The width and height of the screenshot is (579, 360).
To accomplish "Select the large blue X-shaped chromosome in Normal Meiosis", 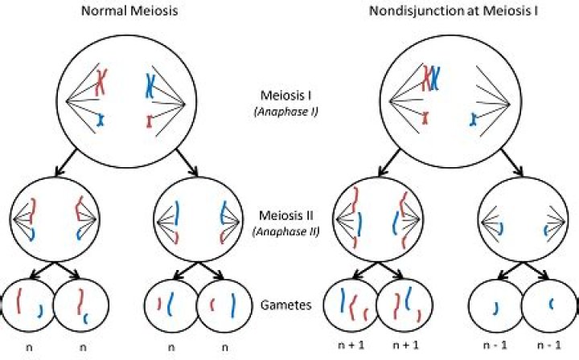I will coord(151,84).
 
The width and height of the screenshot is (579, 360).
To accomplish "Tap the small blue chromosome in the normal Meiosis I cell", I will coord(101,120).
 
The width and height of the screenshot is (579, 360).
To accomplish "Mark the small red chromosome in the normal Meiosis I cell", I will coord(150,122).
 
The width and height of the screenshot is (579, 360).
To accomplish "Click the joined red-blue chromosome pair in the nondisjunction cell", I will coord(431,78).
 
